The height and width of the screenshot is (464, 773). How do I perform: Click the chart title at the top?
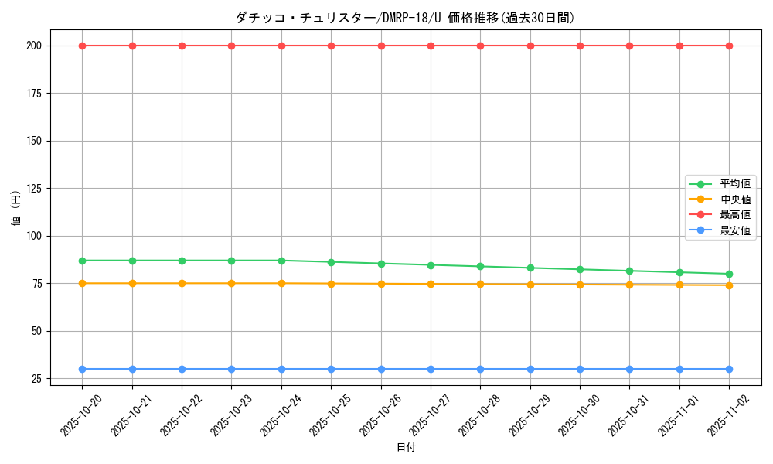coord(405,18)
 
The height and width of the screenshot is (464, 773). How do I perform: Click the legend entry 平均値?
coord(735,184)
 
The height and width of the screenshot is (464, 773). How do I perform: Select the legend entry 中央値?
coord(735,200)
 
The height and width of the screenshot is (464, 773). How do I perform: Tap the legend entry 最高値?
coord(735,215)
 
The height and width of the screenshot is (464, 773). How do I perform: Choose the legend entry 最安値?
coord(735,230)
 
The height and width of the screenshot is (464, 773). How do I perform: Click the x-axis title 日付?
coord(406,448)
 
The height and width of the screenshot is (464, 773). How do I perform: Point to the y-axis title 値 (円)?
coord(16,209)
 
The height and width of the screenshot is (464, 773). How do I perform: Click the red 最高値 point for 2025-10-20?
coord(83,46)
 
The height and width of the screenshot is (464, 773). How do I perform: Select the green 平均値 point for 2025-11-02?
coord(729,274)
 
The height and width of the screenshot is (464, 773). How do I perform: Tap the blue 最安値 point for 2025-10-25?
coord(331,369)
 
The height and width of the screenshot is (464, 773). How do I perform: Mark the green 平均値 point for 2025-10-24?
coord(281,261)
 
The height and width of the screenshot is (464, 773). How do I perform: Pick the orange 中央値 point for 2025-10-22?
coord(182,283)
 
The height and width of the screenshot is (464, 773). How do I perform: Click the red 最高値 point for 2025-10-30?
coord(580,46)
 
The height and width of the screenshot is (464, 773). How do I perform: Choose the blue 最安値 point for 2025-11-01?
coord(679,369)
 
